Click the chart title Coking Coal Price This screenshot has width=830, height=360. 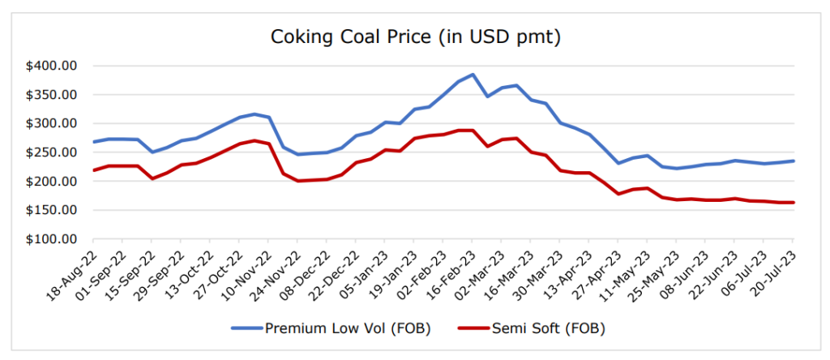tap(415, 36)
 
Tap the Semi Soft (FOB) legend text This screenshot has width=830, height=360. tap(547, 328)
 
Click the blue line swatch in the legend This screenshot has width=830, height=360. tap(246, 328)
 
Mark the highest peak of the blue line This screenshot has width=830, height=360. tap(473, 75)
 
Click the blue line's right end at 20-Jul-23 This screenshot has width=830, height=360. tap(793, 161)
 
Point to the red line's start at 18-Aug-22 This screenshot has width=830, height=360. tap(94, 170)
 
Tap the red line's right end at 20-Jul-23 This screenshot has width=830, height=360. tap(793, 203)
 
